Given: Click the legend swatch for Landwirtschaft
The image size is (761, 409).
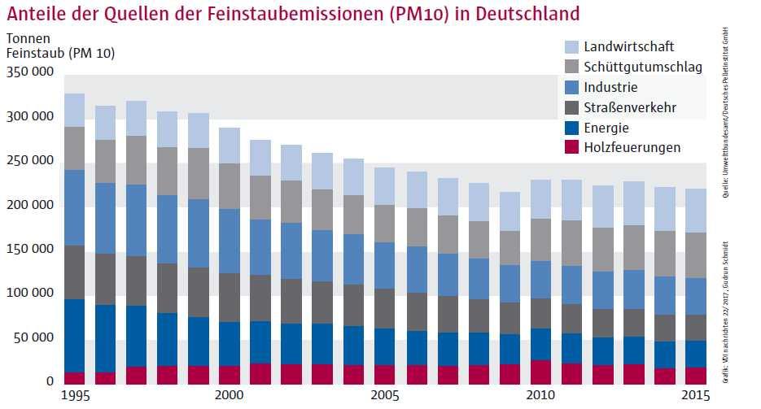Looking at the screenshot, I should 571,47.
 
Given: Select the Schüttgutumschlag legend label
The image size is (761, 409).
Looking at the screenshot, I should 643,67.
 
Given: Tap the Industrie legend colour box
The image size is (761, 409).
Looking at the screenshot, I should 571,87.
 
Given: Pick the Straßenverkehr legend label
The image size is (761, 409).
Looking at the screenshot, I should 630,107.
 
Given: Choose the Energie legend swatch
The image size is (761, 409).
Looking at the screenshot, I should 571,128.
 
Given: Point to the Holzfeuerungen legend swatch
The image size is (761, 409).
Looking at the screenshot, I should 571,147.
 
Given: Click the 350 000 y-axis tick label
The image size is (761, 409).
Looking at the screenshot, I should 29,72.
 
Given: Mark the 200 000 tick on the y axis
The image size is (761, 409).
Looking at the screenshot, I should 29,205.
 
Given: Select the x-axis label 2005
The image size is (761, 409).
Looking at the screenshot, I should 385,395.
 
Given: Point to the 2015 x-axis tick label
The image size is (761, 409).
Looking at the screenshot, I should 693,395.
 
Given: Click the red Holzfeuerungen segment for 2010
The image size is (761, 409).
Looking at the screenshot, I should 540,372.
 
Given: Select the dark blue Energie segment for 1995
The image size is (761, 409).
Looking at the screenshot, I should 75,336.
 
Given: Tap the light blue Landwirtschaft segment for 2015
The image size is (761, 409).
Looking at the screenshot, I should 696,211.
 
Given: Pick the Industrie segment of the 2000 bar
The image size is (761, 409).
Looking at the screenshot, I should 229,241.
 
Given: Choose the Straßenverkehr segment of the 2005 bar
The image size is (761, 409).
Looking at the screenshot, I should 384,309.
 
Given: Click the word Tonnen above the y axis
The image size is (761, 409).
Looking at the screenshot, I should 28,38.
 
